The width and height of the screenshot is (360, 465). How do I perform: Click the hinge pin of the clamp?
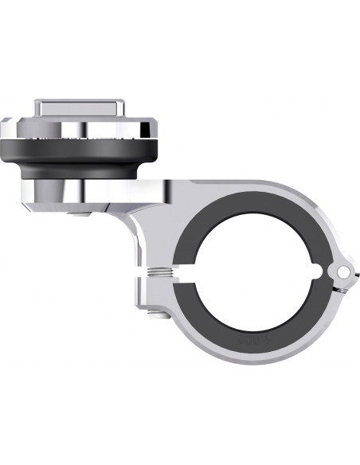[343, 271]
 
